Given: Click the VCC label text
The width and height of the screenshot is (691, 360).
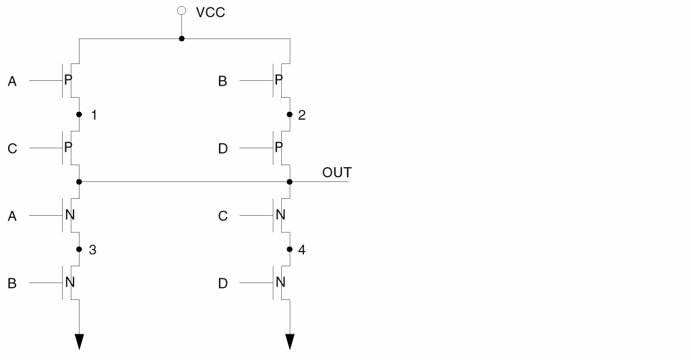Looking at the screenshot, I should click(x=210, y=13).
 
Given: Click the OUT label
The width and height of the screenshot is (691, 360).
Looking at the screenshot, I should click(x=336, y=173).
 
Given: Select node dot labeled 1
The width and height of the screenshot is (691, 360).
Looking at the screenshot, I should click(x=80, y=115).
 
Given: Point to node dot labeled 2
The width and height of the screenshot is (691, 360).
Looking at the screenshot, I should click(x=290, y=115).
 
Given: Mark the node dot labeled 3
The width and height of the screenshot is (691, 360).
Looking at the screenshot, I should click(x=80, y=249).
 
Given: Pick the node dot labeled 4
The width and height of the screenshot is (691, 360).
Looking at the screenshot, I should click(x=290, y=249).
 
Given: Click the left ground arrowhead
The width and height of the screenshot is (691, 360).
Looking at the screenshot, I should click(x=80, y=341).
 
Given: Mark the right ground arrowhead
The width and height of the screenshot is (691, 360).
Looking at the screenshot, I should click(x=290, y=341).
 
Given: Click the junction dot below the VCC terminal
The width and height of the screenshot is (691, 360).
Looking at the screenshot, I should click(x=181, y=39).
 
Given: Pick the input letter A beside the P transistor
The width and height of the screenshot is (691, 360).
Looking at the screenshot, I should click(x=12, y=82).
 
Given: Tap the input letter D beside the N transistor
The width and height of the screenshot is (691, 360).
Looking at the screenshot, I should click(x=222, y=284).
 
